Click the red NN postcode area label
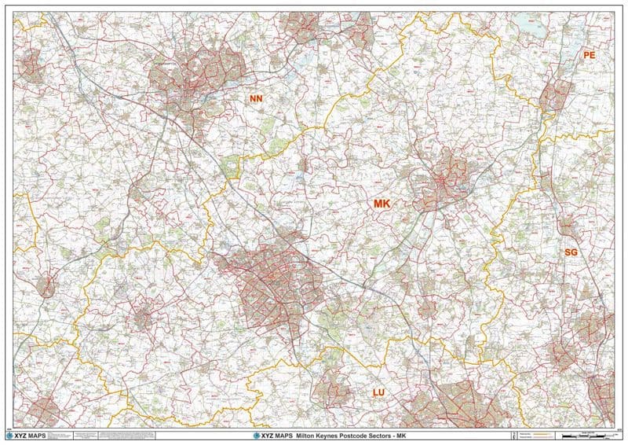[256, 98]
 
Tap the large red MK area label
[382, 204]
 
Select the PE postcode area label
[590, 56]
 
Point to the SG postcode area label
[571, 252]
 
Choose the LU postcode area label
[378, 391]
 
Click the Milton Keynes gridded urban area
[271, 283]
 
